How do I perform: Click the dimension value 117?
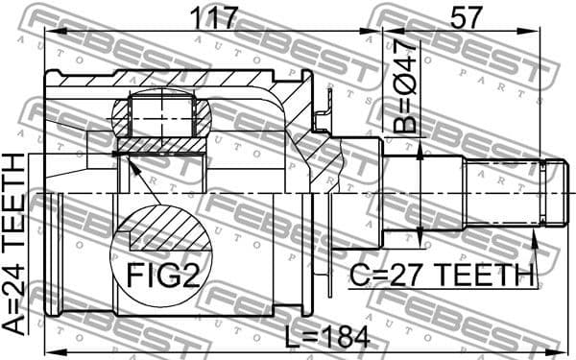(x=213, y=16)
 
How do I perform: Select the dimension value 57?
(x=465, y=16)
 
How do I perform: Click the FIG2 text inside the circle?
(x=163, y=276)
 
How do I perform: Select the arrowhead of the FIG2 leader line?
(x=120, y=157)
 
